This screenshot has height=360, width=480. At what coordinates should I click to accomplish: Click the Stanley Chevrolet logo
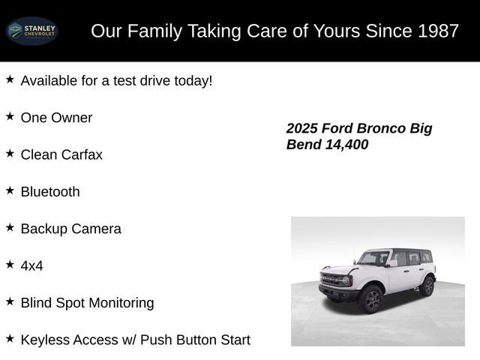coord(31,31)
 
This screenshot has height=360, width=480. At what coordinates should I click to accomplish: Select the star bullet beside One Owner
coord(10,116)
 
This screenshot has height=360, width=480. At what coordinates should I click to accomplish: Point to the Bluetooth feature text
coord(50,191)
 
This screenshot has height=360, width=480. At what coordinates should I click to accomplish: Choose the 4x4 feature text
coord(32,265)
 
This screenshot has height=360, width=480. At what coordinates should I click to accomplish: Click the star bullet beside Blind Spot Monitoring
coord(10,301)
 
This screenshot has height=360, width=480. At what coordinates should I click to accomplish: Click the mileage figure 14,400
coord(346,145)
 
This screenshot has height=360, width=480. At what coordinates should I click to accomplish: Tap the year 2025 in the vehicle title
coord(302,128)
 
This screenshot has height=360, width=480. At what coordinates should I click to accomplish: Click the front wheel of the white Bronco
coord(370,299)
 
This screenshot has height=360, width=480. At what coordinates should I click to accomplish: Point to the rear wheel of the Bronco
coord(427,286)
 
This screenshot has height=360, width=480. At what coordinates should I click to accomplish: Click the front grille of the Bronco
coord(332,280)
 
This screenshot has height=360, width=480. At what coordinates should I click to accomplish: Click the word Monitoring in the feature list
coord(118,303)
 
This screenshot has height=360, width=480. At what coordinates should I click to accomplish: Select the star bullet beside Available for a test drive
coord(10,79)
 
